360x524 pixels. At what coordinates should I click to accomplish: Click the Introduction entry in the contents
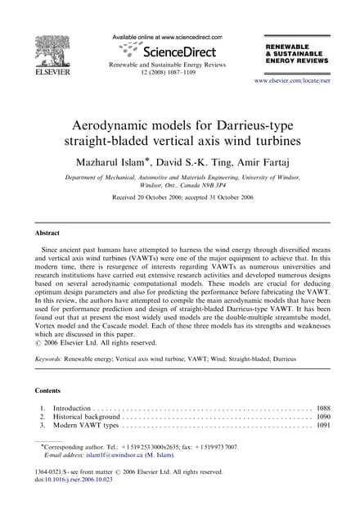[77, 407]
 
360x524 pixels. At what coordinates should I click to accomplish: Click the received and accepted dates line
[179, 198]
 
